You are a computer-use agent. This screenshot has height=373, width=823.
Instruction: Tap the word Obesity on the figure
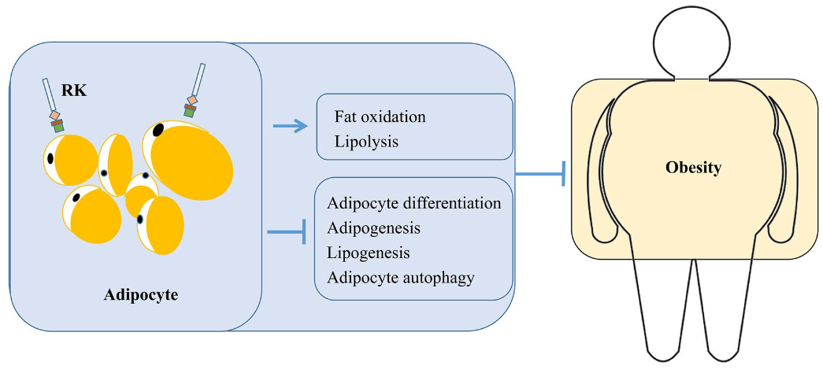[693, 168]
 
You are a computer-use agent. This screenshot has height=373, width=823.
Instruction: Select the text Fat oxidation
[380, 116]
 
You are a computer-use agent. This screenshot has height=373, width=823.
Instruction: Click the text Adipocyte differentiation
[413, 203]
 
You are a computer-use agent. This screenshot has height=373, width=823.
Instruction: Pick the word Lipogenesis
[367, 253]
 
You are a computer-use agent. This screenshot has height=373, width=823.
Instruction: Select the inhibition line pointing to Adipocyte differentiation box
[286, 232]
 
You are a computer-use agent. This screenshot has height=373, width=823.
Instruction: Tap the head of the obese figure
[693, 41]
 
